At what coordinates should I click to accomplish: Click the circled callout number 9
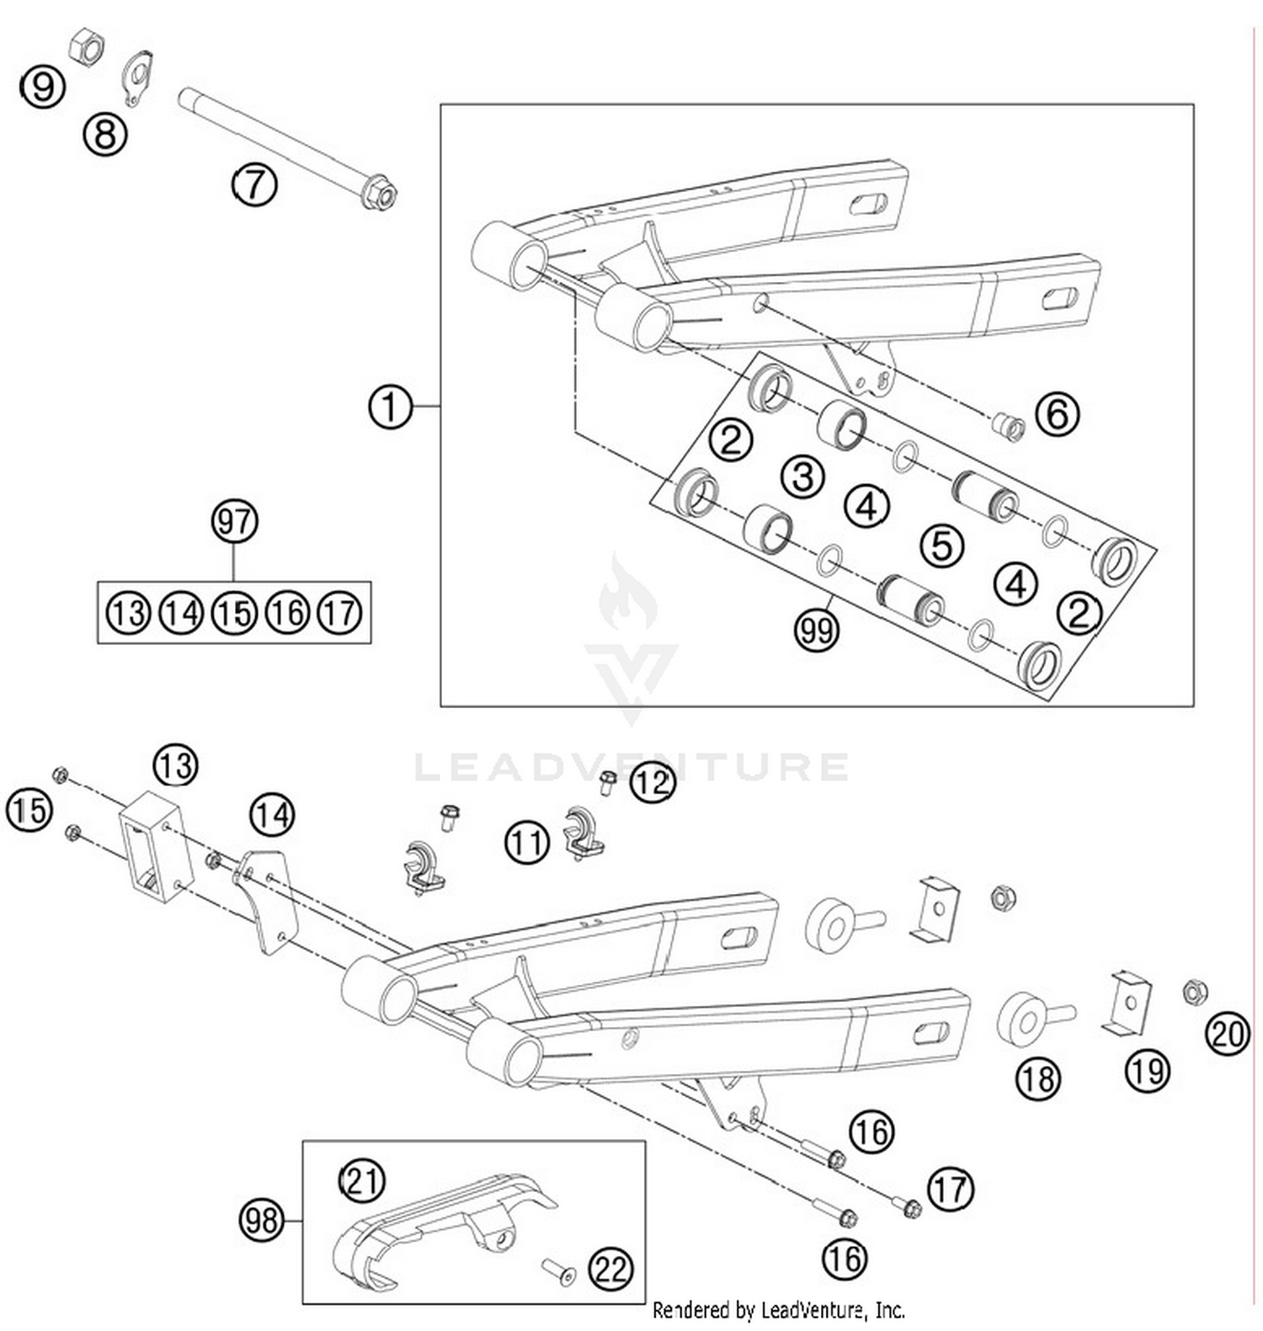tap(43, 86)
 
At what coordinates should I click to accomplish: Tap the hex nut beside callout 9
tap(85, 46)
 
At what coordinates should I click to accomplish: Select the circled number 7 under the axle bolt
tap(254, 184)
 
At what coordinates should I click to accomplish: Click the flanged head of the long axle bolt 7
tap(378, 194)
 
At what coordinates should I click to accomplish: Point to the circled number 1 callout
tap(391, 407)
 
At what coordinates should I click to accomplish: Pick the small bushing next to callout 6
tap(1009, 426)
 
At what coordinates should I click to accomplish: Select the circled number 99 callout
tap(817, 628)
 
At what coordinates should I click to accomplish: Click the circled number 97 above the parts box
tap(234, 521)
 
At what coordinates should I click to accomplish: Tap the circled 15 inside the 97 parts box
tap(234, 613)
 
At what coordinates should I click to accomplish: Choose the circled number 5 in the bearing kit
tap(941, 546)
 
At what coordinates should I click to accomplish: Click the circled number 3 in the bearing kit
tap(802, 476)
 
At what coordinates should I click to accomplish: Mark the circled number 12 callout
tap(653, 782)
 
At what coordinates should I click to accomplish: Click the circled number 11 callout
tap(527, 841)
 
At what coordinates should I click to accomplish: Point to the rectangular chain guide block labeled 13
tap(156, 846)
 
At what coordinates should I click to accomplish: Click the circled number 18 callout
tap(1038, 1078)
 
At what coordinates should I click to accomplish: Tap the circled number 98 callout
tap(262, 1219)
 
